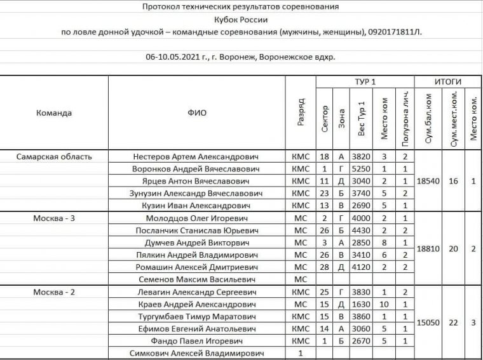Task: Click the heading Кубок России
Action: pyautogui.click(x=241, y=19)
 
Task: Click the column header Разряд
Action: pyautogui.click(x=301, y=113)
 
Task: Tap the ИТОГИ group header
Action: pyautogui.click(x=447, y=82)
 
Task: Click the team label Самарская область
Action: pyautogui.click(x=55, y=157)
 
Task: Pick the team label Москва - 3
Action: pyautogui.click(x=55, y=218)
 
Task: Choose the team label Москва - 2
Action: pyautogui.click(x=55, y=291)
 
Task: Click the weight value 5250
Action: pyautogui.click(x=360, y=169)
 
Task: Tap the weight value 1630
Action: pyautogui.click(x=360, y=304)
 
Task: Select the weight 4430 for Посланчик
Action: pyautogui.click(x=360, y=230)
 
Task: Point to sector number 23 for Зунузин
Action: pyautogui.click(x=324, y=194)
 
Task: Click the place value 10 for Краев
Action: pyautogui.click(x=384, y=304)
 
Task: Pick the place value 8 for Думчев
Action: pyautogui.click(x=384, y=243)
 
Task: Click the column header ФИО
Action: pyautogui.click(x=196, y=113)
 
